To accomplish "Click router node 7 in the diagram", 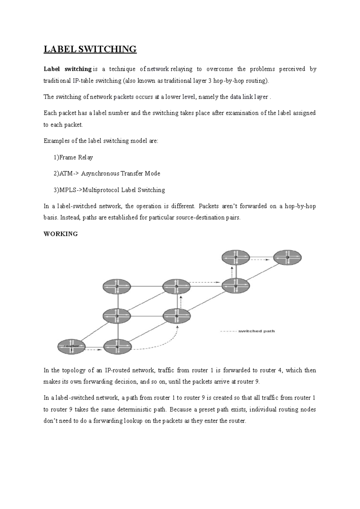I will [x=236, y=257].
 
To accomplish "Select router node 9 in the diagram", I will [x=287, y=257].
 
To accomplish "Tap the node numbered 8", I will [x=236, y=286].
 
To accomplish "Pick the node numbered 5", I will [x=177, y=286].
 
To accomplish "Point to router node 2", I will [x=117, y=287].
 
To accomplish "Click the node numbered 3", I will [x=117, y=316].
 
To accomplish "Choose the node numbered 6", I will [x=177, y=316].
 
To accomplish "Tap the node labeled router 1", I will [x=71, y=347].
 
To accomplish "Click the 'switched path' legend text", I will [x=256, y=331].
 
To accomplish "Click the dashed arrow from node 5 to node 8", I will [x=204, y=282].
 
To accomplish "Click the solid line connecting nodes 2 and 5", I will [x=147, y=287].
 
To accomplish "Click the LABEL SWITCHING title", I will [x=90, y=49].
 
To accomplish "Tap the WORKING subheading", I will [x=61, y=234].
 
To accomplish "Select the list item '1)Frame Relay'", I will [x=73, y=157].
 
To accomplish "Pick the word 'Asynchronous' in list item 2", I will [x=100, y=174].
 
